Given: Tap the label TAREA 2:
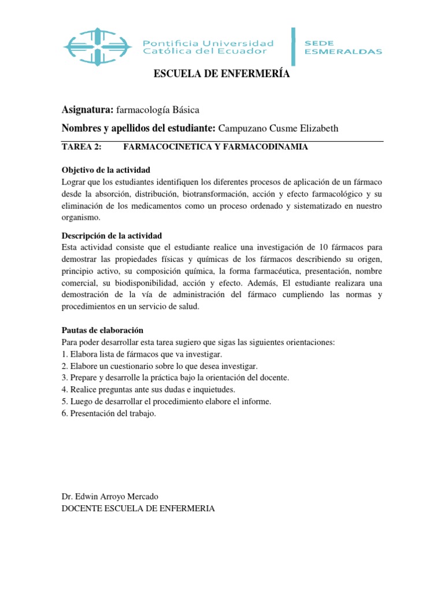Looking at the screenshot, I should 81,147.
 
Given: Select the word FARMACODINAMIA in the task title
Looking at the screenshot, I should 272,147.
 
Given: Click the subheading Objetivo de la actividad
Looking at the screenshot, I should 105,169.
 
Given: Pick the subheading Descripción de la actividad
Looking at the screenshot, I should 112,235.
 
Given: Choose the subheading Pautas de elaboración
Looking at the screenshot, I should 102,330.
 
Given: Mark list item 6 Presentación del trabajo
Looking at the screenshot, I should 109,414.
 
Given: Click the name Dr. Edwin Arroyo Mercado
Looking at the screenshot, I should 109,497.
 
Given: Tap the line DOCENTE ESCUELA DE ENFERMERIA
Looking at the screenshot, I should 138,509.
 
